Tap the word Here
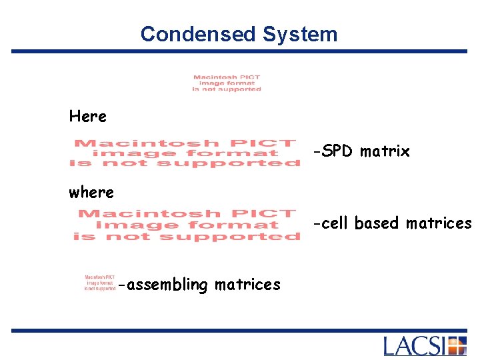(x=87, y=117)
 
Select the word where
(x=91, y=193)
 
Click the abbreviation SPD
(x=338, y=151)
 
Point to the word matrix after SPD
(x=385, y=152)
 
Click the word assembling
(x=167, y=285)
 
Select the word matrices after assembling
(x=247, y=285)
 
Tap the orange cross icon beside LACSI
(x=457, y=346)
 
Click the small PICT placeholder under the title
(x=227, y=83)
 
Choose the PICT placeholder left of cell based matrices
(x=187, y=225)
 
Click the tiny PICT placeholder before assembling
(x=99, y=283)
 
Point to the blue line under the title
(x=240, y=51)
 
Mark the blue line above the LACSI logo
(x=240, y=330)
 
